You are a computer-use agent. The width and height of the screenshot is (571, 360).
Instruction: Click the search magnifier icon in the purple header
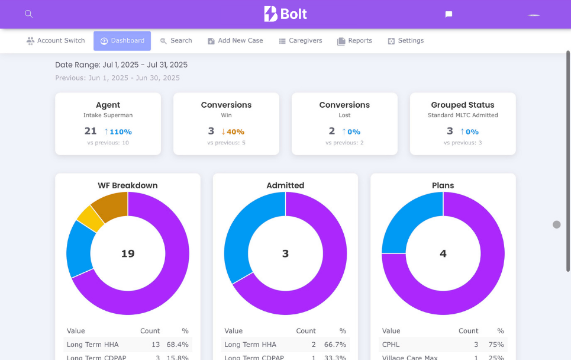coord(28,14)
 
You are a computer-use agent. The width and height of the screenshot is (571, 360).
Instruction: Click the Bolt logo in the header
coord(285,14)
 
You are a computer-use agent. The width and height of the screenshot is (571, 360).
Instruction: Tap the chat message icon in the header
coord(449,14)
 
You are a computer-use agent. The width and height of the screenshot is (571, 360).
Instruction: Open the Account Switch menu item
coord(56,41)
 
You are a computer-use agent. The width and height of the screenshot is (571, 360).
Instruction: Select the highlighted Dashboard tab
coord(122,41)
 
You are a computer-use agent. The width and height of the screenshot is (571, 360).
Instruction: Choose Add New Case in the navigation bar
coord(235,41)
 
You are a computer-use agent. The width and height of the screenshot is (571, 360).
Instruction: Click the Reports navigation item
coord(354,41)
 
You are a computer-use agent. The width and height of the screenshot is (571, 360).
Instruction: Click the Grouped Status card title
coord(462,105)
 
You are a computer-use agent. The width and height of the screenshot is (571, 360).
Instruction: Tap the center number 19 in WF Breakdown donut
coord(128,253)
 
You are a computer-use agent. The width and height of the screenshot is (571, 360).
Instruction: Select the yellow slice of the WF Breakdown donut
coord(91,217)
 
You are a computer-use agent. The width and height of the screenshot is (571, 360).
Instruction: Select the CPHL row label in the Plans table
coord(391,345)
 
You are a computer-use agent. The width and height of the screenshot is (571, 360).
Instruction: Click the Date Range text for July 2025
coord(121,65)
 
